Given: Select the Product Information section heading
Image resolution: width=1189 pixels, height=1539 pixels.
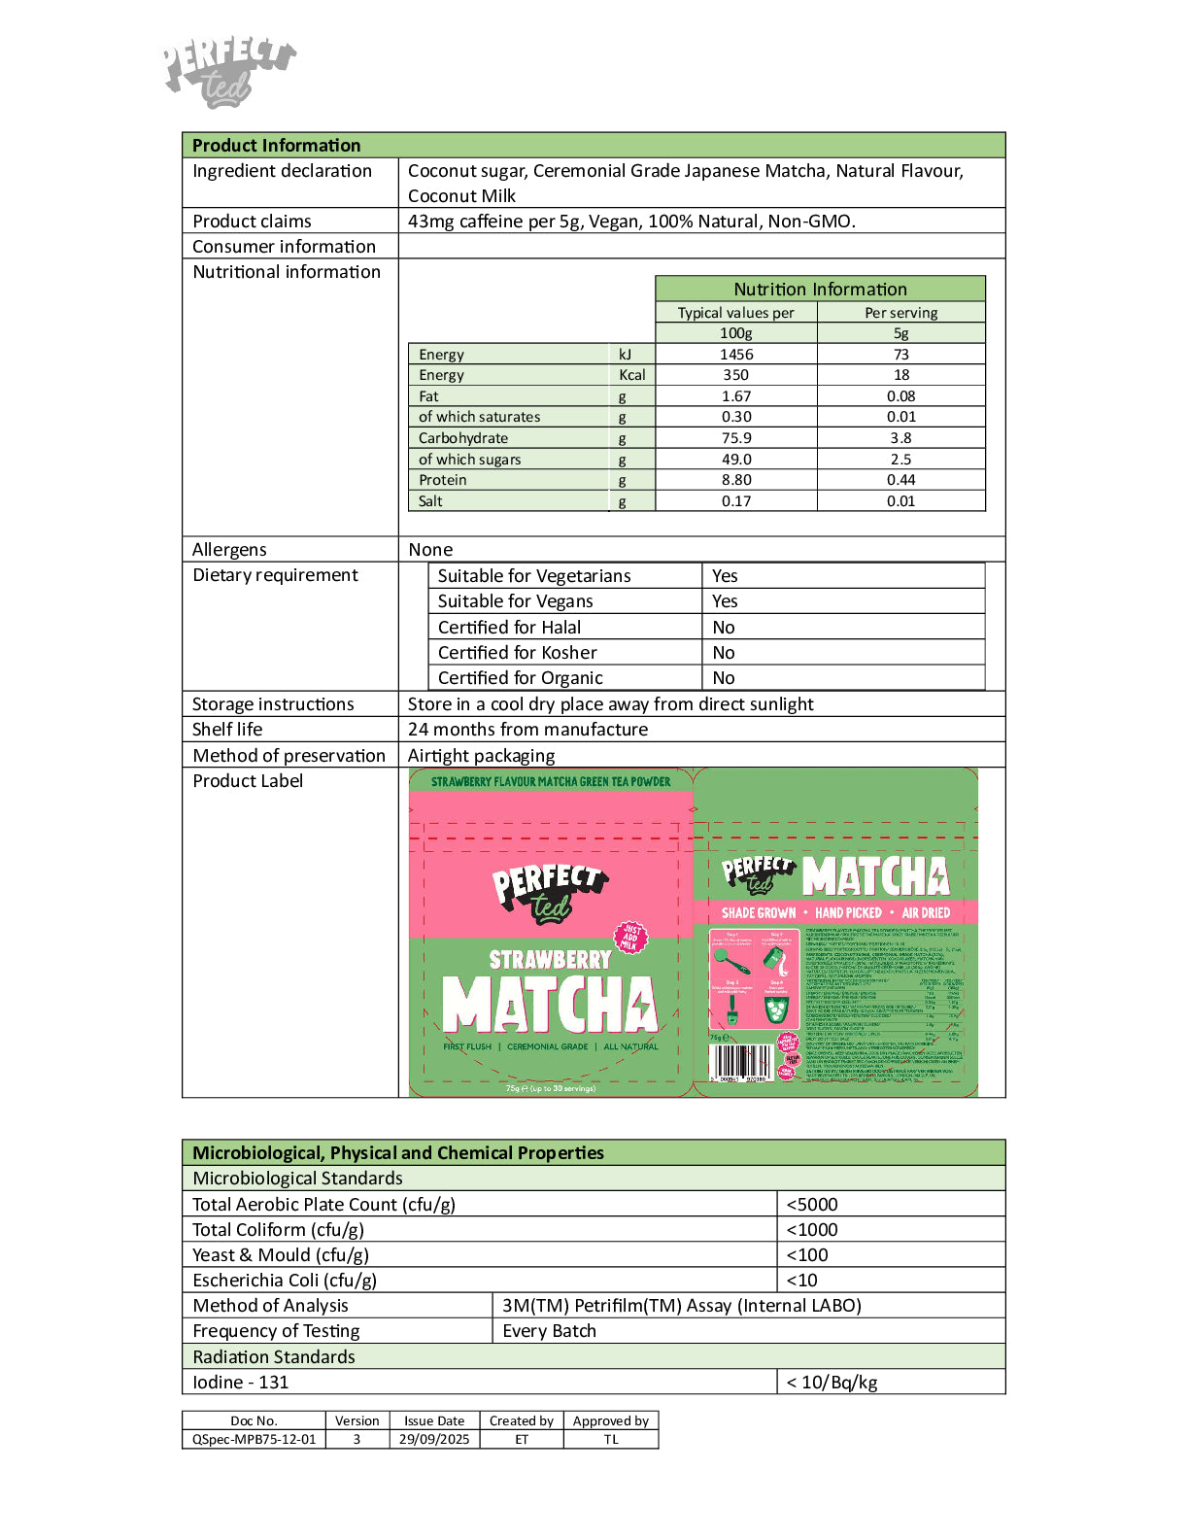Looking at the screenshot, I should [x=276, y=146].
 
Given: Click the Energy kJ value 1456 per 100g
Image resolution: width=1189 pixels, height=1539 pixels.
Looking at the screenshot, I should [x=736, y=355].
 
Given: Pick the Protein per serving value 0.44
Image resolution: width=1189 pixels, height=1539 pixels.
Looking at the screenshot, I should [x=900, y=480].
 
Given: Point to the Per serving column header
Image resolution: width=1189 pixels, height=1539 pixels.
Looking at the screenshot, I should [x=900, y=313].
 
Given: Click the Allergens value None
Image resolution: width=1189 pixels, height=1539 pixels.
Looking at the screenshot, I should [x=430, y=550].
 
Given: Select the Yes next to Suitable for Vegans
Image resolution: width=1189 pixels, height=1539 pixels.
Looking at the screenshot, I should [x=725, y=601].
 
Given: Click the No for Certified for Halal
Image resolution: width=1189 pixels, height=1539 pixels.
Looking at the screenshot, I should [x=724, y=628].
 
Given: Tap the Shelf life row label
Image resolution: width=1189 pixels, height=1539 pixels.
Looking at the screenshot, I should [x=227, y=730].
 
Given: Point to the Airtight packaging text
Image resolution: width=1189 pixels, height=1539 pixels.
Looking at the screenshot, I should [x=481, y=756].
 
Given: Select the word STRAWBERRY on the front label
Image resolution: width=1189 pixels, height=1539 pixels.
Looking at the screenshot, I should [x=550, y=960].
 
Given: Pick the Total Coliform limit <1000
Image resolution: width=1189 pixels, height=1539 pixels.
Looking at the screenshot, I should [x=812, y=1230].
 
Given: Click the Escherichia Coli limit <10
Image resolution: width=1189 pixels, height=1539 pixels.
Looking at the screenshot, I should [x=802, y=1281].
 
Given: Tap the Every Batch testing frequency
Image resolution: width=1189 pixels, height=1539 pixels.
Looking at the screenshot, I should [x=549, y=1331].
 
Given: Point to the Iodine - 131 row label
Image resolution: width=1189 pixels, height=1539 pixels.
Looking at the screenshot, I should [x=240, y=1383].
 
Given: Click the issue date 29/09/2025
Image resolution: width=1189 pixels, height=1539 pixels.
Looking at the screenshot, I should [x=434, y=1440].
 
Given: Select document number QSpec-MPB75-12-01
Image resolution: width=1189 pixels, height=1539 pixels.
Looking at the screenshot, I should [x=254, y=1440].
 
